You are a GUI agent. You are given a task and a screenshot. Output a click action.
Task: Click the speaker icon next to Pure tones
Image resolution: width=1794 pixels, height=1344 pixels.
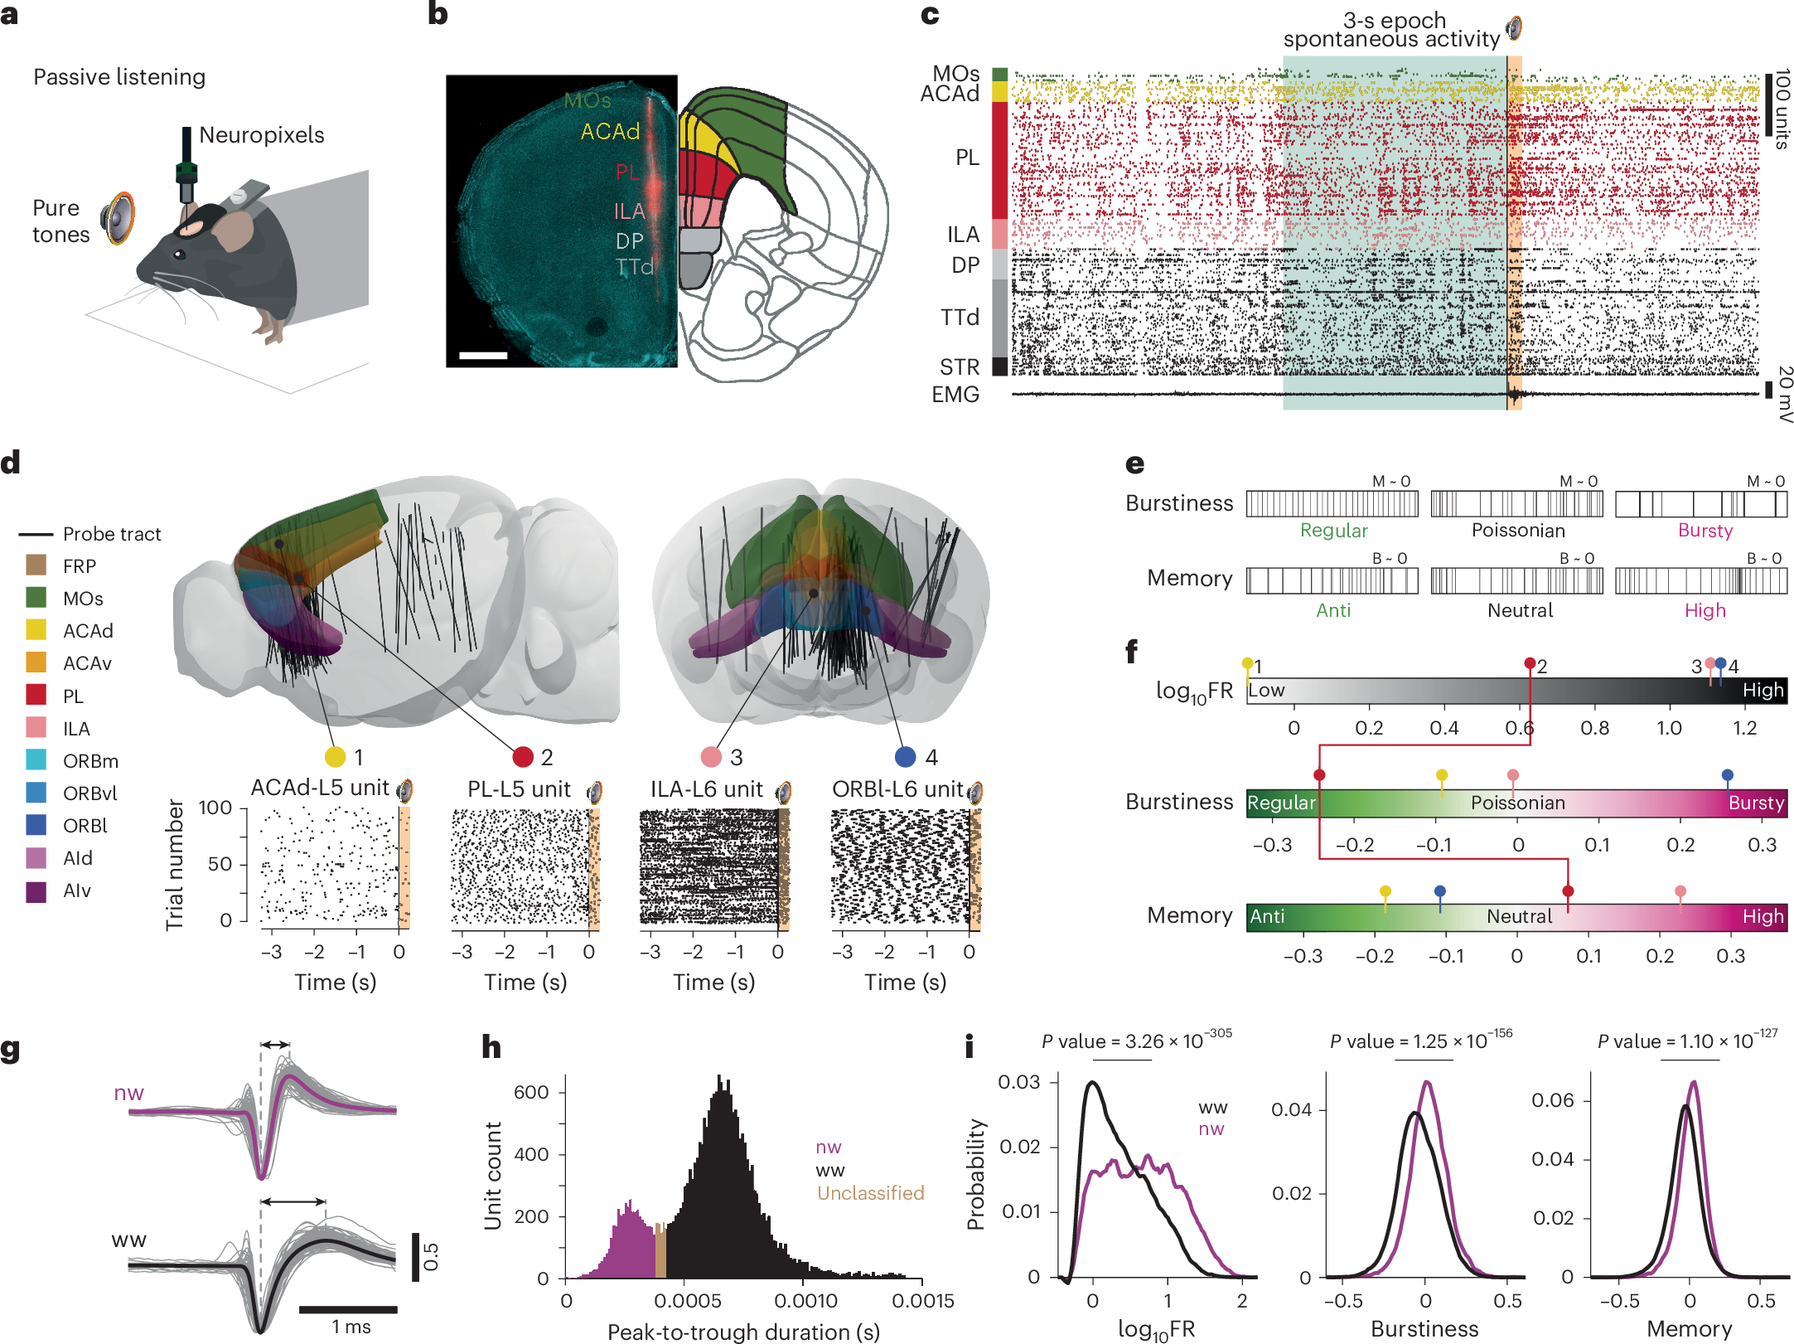[118, 218]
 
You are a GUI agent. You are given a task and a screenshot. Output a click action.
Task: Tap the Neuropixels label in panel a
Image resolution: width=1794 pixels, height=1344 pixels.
[261, 135]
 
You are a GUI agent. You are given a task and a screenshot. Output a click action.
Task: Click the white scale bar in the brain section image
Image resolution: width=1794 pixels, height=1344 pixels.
[483, 356]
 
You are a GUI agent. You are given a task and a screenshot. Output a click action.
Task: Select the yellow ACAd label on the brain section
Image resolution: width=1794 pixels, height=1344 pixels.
[610, 132]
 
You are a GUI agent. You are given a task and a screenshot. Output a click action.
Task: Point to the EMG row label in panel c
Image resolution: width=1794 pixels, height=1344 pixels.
[955, 395]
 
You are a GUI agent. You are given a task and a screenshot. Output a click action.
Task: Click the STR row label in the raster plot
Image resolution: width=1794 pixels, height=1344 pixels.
[960, 367]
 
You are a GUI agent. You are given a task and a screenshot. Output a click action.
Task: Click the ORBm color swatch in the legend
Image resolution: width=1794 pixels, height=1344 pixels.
[36, 760]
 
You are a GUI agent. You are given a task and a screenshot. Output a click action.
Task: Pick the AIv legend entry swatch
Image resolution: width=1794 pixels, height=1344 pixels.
[36, 890]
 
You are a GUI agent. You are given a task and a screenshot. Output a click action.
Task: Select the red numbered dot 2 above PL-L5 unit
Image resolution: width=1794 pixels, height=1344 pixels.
[523, 756]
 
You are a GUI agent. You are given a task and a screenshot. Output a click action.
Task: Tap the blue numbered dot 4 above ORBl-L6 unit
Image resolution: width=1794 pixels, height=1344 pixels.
[906, 756]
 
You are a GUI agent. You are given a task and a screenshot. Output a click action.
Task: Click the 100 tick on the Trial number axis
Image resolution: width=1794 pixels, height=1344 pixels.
[215, 808]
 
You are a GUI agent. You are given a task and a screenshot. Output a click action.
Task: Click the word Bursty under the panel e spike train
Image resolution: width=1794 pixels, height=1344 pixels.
[1705, 531]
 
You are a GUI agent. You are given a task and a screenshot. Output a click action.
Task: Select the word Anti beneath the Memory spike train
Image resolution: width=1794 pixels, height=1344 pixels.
[1333, 610]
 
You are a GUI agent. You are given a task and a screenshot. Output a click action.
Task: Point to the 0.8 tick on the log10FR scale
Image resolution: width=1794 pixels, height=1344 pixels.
[1594, 728]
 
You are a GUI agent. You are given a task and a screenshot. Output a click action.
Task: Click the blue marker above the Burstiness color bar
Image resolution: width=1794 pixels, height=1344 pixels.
[1727, 775]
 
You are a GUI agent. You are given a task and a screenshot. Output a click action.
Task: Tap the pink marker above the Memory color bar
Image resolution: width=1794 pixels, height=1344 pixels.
[1680, 891]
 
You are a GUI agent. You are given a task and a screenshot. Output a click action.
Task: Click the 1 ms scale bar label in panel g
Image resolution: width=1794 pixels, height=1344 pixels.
[351, 1327]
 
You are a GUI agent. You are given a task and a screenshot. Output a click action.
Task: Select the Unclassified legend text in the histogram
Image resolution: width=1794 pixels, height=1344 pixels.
[870, 1193]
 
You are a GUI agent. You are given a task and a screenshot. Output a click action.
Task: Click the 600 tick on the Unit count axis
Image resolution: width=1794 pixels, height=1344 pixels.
[531, 1092]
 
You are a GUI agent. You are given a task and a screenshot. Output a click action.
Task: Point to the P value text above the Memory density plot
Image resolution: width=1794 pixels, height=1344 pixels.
[1687, 1041]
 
